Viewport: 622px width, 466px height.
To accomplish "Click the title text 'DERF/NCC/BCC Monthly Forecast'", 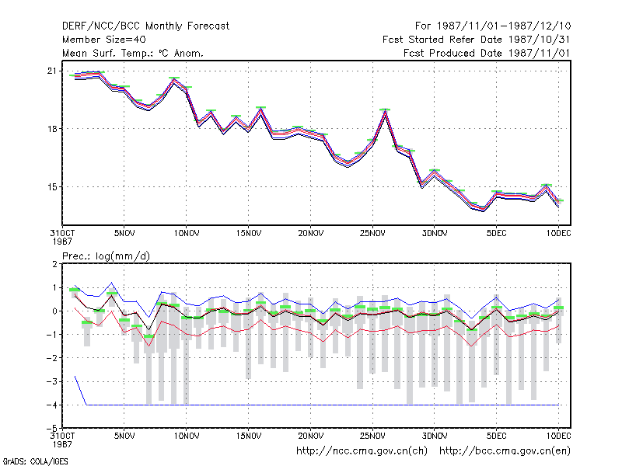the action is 145,26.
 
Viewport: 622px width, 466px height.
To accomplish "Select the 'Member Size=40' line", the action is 104,40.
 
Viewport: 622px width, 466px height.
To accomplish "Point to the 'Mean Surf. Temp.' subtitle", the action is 132,53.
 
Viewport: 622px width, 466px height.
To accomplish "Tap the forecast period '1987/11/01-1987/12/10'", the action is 504,26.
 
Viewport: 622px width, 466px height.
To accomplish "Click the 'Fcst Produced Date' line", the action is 487,53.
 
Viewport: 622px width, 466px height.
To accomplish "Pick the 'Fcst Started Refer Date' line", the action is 477,40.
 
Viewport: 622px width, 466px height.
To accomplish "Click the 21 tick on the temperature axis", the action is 52,71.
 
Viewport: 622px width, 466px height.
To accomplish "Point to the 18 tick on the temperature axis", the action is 52,129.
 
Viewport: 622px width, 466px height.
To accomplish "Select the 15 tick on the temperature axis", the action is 52,187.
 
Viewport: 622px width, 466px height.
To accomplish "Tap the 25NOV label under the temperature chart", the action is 372,234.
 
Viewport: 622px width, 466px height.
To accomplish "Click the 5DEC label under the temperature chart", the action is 497,234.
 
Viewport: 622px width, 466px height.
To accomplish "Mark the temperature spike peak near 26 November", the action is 385,110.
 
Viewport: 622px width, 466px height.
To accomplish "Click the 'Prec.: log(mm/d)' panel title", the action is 106,256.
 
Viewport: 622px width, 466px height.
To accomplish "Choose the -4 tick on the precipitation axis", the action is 52,405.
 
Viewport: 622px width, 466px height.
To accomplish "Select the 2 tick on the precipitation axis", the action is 54,264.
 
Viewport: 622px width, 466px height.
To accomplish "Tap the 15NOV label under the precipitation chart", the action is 249,436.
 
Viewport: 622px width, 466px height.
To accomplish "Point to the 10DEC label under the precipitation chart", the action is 558,436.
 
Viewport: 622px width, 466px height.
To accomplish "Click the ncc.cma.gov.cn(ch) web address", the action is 362,451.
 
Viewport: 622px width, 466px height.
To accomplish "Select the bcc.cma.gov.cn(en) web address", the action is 505,451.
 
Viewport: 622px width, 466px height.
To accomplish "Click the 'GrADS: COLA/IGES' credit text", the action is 35,461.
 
